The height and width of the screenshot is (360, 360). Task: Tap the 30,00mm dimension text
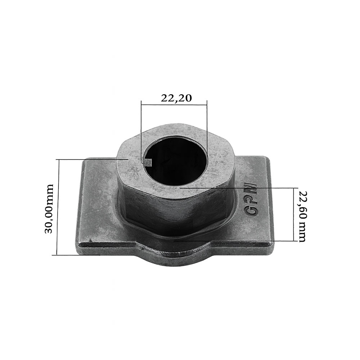pyautogui.click(x=49, y=208)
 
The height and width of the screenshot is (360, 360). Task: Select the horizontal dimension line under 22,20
pyautogui.click(x=174, y=105)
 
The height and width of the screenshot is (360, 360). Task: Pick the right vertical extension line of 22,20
pyautogui.click(x=207, y=126)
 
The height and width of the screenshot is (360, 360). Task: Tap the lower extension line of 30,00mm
pyautogui.click(x=76, y=255)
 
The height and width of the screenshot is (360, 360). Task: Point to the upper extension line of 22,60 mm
pyautogui.click(x=238, y=188)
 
